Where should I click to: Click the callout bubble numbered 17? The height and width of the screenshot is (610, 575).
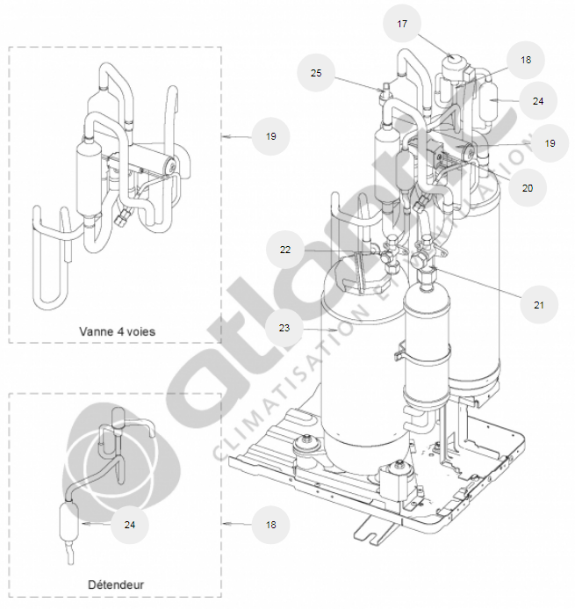402,25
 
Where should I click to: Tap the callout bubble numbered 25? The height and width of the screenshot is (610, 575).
316,74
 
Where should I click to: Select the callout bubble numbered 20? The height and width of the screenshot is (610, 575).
527,186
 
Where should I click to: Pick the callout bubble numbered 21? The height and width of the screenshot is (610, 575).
538,304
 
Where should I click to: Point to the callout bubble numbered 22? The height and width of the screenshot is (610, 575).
285,250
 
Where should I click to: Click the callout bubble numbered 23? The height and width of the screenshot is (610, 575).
284,329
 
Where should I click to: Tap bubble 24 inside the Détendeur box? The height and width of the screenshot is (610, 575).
130,525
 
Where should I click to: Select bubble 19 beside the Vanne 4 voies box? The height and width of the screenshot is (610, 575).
270,136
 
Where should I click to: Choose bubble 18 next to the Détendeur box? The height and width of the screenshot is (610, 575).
270,525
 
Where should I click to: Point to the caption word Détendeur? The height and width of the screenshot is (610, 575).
116,584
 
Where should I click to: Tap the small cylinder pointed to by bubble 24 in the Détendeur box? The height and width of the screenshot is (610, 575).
68,525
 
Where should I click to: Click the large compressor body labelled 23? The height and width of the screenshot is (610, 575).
360,369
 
